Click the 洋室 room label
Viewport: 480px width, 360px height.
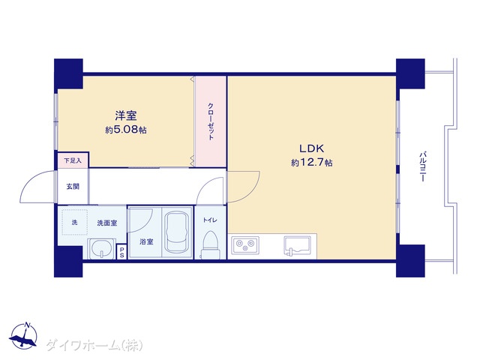click(x=126, y=115)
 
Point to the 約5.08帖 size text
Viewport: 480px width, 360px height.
click(x=126, y=130)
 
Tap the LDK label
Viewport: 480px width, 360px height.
click(x=311, y=148)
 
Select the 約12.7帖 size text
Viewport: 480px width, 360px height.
click(x=312, y=163)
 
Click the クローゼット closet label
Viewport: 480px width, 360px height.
click(x=211, y=121)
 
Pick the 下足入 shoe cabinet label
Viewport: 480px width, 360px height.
click(x=73, y=160)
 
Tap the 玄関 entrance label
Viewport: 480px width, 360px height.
click(x=73, y=186)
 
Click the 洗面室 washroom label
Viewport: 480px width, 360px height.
click(x=107, y=223)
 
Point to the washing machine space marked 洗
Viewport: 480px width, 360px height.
click(x=75, y=222)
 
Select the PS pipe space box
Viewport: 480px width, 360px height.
click(x=121, y=252)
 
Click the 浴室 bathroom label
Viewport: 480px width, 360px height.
click(x=146, y=241)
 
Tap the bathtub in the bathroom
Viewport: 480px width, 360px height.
click(x=177, y=232)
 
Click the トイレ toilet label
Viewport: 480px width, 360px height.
click(x=210, y=220)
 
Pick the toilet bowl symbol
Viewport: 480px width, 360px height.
click(x=210, y=245)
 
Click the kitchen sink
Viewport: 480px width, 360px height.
click(x=297, y=245)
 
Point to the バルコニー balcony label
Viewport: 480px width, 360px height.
click(x=423, y=166)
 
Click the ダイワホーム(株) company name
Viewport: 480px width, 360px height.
click(x=94, y=345)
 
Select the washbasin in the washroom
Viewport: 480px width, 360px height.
click(x=102, y=248)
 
